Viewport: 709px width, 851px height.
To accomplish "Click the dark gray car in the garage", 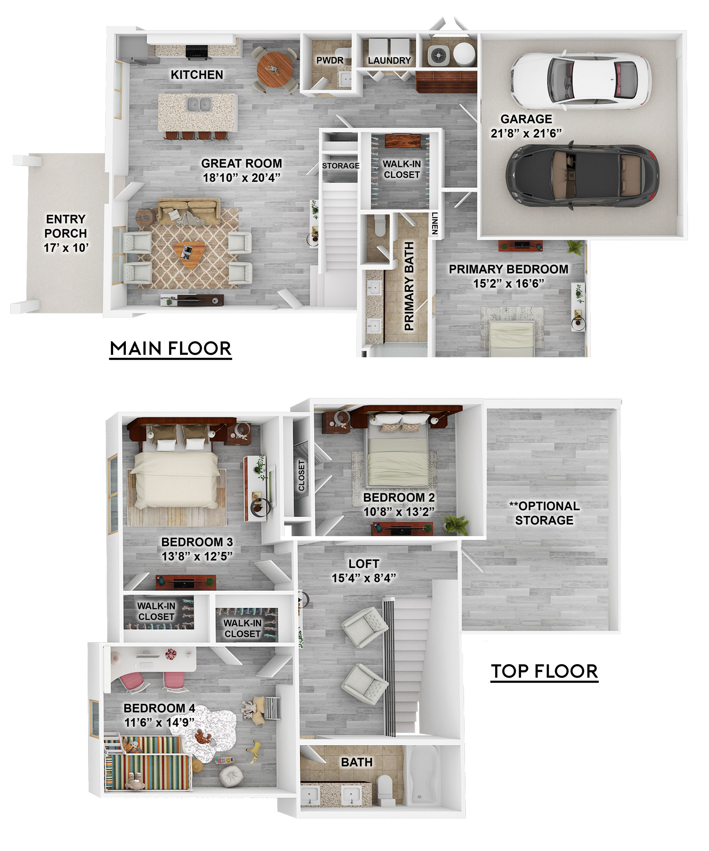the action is [582, 176].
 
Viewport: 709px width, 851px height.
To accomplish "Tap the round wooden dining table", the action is [275, 69].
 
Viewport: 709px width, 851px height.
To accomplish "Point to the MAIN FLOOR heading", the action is [171, 349].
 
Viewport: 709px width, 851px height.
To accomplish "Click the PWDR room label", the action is [330, 60].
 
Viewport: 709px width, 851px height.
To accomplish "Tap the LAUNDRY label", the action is [389, 61].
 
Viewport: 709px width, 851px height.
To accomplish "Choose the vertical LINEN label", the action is [435, 223].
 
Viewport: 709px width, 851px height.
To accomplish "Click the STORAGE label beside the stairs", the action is [341, 166].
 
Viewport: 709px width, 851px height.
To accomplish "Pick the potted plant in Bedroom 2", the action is [456, 525].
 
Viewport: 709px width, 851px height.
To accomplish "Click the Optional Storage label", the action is [544, 513].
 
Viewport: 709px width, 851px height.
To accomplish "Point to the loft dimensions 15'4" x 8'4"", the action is [364, 578].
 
